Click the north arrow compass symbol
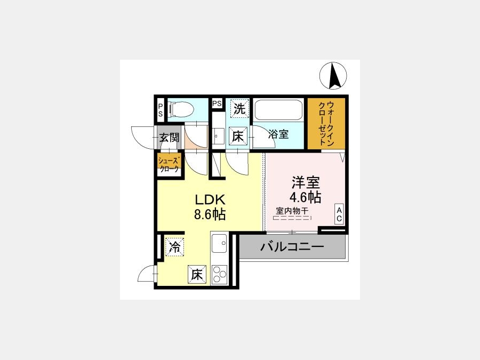click(x=333, y=76)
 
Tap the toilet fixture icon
click(x=181, y=109)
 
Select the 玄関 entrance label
click(x=169, y=138)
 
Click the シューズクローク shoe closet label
click(x=169, y=165)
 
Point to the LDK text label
click(x=210, y=200)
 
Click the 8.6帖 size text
click(x=210, y=214)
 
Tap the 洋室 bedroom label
click(x=306, y=183)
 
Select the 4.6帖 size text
click(x=306, y=197)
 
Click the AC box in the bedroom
click(x=339, y=214)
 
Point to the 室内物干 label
click(x=292, y=211)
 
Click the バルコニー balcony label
click(x=292, y=247)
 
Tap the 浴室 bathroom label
click(x=278, y=134)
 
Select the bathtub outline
click(x=278, y=110)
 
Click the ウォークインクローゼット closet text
click(x=326, y=123)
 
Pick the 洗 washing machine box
click(x=239, y=108)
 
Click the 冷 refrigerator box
click(x=175, y=247)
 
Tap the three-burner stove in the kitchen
click(x=219, y=275)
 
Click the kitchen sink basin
click(x=219, y=243)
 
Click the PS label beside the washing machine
click(x=217, y=103)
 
